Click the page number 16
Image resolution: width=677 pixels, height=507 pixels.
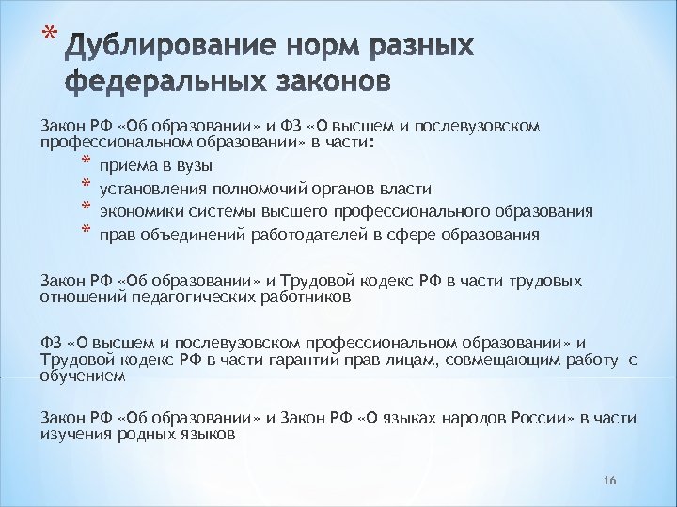point(608,481)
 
